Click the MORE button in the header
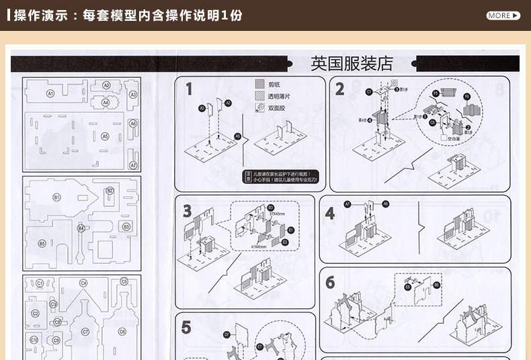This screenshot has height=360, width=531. (503, 15)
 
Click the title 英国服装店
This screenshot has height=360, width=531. (352, 64)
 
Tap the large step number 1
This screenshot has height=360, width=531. (190, 89)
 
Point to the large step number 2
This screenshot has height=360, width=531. (339, 89)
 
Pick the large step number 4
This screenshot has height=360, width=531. (329, 214)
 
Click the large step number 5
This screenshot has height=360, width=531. (186, 328)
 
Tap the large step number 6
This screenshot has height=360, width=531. (330, 283)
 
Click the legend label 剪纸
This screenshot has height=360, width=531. (274, 85)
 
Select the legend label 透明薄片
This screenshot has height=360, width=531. (278, 96)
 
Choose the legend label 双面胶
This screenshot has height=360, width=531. (276, 107)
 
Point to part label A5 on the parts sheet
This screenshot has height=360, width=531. (104, 136)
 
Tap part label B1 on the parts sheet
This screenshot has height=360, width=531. (57, 197)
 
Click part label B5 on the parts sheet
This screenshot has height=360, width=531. (42, 243)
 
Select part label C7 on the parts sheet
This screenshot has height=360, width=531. (85, 332)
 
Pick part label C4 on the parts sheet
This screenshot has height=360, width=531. (83, 283)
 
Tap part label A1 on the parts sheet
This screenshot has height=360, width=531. (50, 94)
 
